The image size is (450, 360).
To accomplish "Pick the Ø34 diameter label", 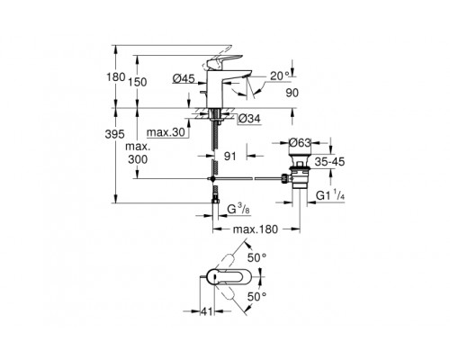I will [251, 118].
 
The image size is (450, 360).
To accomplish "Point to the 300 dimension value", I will [136, 157].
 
